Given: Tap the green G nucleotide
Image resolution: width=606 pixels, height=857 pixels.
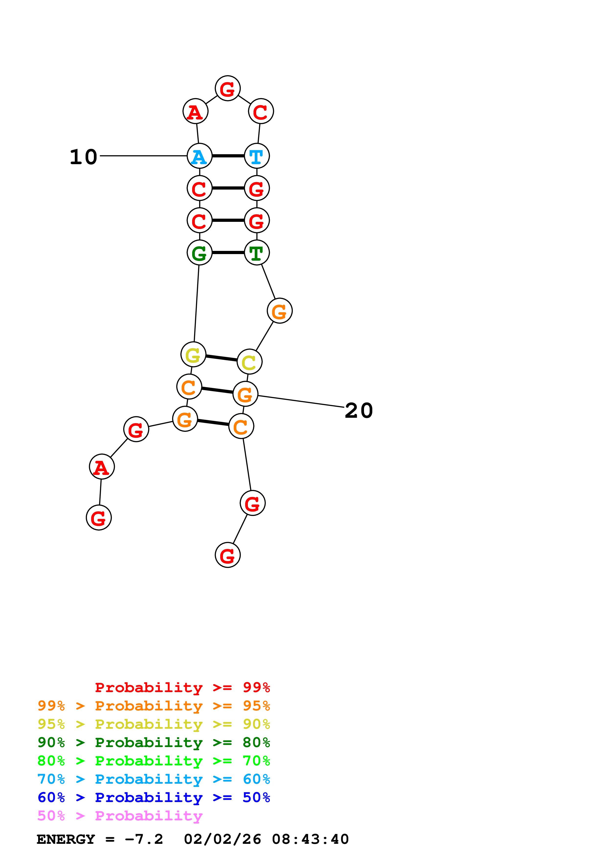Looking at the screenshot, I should pos(199,253).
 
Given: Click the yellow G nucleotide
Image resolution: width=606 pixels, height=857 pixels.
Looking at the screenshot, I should pos(193,354).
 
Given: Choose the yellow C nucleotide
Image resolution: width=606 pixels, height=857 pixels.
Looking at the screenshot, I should pos(249,362).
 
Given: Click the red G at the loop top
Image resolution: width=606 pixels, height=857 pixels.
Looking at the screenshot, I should pos(227,88).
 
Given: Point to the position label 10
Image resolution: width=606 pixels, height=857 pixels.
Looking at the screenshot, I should pos(84,157).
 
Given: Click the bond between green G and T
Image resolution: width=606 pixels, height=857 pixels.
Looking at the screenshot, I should pos(228,253).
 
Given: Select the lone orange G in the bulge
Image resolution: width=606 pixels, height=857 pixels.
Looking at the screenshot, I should pos(279,311).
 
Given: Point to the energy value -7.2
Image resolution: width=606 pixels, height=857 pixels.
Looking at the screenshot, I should pos(144,839).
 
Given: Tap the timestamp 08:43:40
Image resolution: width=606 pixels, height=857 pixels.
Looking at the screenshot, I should pos(310,839).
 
